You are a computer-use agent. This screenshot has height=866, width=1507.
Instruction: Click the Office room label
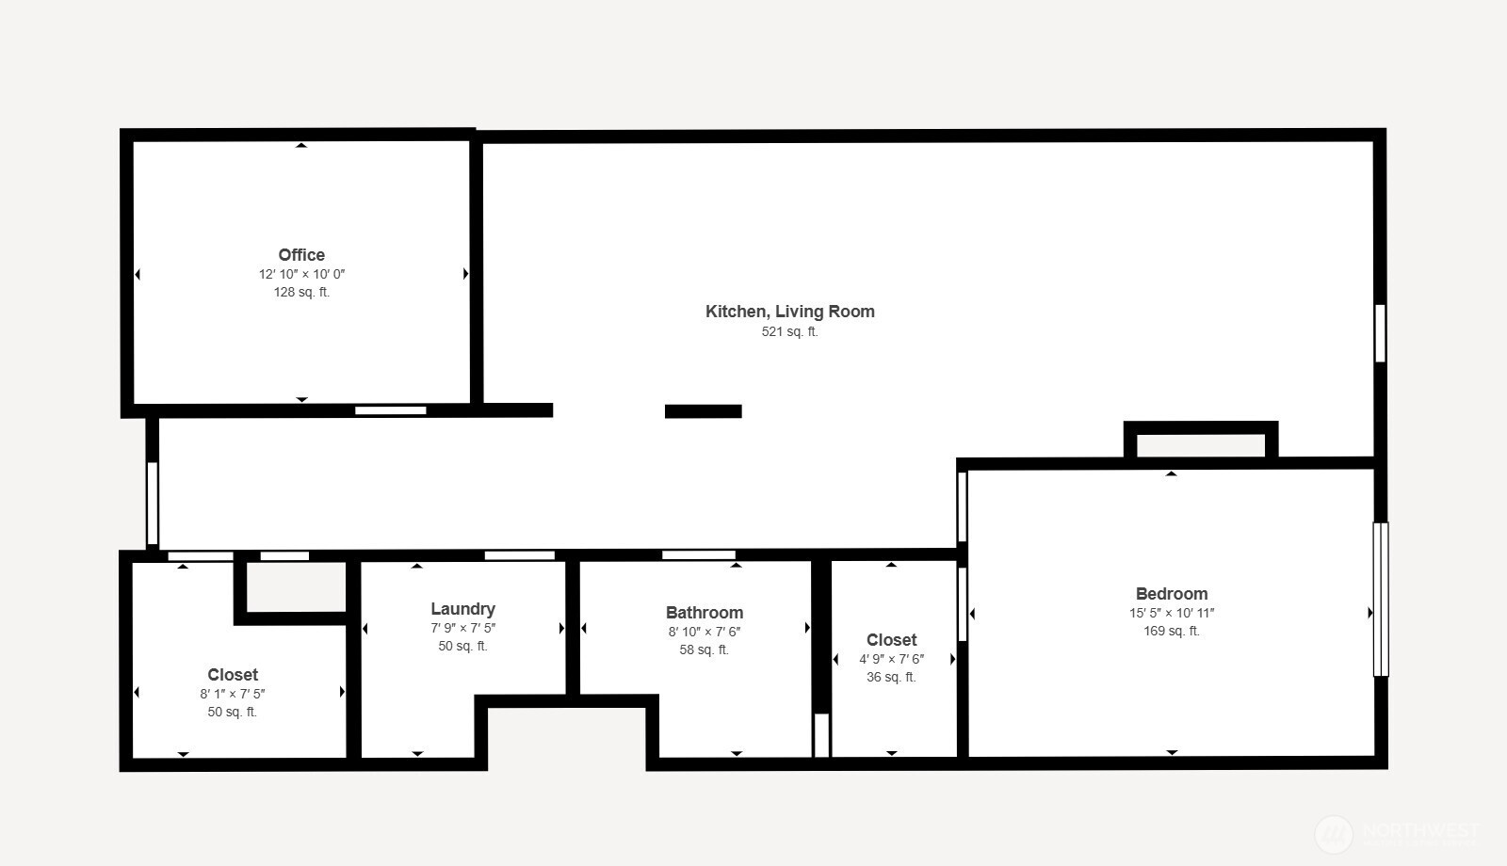pos(301,255)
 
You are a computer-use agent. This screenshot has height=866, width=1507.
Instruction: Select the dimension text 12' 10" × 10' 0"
pos(301,274)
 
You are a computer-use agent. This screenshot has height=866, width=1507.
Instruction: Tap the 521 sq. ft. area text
pos(789,331)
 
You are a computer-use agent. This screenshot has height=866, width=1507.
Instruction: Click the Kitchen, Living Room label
pos(789,312)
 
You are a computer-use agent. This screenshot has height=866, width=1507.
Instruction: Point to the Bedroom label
pos(1171,594)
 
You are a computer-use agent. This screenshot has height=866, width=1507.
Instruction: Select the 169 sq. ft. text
pos(1171,631)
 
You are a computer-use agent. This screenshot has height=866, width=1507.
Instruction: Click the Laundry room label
pos(462,609)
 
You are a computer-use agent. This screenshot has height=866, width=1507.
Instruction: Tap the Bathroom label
pos(704,613)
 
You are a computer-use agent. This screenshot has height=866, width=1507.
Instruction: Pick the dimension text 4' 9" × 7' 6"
pos(891,659)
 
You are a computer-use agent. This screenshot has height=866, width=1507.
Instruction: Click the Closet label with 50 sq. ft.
pos(233,675)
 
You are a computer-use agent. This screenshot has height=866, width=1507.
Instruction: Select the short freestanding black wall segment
pos(703,411)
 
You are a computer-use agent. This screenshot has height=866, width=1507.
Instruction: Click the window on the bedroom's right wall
pos(1381,599)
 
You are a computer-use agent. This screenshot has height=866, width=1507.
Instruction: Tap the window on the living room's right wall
pos(1380,332)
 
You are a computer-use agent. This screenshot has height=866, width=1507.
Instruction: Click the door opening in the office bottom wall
pos(390,410)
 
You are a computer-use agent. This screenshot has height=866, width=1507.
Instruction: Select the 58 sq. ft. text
pos(704,649)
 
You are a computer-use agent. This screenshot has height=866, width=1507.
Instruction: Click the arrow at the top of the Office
pos(301,145)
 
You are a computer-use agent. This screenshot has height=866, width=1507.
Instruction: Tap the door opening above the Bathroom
pos(698,554)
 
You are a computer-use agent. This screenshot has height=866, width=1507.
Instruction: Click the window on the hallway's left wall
pos(152,502)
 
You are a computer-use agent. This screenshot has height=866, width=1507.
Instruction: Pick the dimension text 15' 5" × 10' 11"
pos(1171,613)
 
